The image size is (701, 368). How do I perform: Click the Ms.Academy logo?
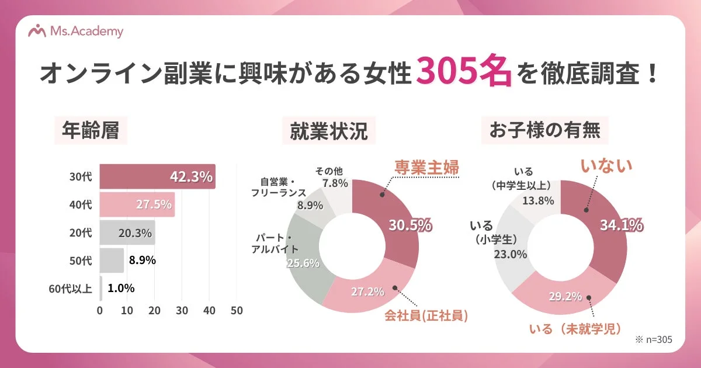click(x=77, y=31)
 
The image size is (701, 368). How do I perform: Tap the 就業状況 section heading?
click(x=329, y=132)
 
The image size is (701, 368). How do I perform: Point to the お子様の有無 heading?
click(x=544, y=131)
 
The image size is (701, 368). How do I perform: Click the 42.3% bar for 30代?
click(x=157, y=176)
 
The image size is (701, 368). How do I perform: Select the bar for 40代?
click(x=137, y=204)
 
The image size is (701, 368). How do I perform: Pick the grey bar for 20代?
click(x=127, y=232)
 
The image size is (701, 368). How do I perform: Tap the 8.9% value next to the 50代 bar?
click(x=141, y=260)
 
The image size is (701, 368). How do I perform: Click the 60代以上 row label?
click(x=70, y=288)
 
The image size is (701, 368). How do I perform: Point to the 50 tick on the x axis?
click(x=237, y=310)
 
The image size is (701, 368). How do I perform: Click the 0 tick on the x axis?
click(x=100, y=310)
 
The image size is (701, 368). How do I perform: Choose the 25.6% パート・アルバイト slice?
click(x=303, y=263)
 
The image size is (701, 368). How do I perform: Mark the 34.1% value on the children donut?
click(x=621, y=224)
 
